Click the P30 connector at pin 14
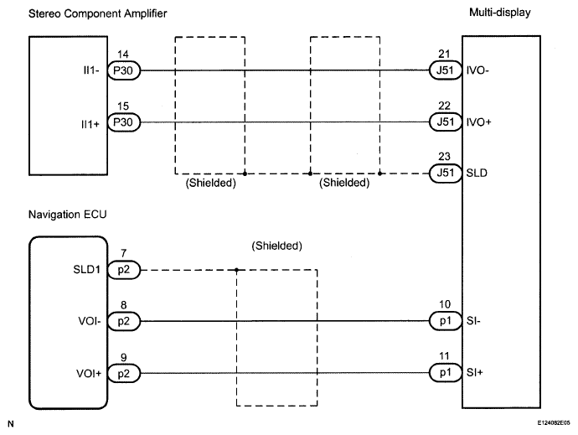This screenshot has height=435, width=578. pyautogui.click(x=124, y=70)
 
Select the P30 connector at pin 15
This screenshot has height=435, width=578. pyautogui.click(x=124, y=122)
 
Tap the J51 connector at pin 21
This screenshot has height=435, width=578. pyautogui.click(x=446, y=70)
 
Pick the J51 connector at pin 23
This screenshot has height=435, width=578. pyautogui.click(x=446, y=173)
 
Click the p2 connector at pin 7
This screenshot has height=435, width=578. pyautogui.click(x=124, y=270)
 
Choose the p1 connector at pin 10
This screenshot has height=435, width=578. pyautogui.click(x=446, y=321)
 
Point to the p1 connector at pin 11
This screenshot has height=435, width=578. pyautogui.click(x=446, y=373)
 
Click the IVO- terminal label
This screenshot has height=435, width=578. pyautogui.click(x=477, y=70)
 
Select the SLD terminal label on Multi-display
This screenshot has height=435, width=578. pyautogui.click(x=477, y=173)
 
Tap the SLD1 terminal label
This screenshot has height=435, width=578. pyautogui.click(x=86, y=270)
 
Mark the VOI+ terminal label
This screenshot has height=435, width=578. pyautogui.click(x=89, y=374)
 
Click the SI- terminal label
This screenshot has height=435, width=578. pyautogui.click(x=473, y=321)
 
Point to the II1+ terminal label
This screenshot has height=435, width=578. pyautogui.click(x=90, y=124)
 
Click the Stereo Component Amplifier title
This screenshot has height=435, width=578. pyautogui.click(x=98, y=13)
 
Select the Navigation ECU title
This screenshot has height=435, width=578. pyautogui.click(x=68, y=215)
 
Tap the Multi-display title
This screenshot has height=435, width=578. pyautogui.click(x=500, y=13)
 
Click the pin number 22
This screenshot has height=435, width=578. pyautogui.click(x=444, y=106)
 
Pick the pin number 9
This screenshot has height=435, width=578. pyautogui.click(x=123, y=358)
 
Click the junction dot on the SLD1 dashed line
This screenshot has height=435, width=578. pyautogui.click(x=237, y=270)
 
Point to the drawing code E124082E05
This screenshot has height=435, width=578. pyautogui.click(x=554, y=422)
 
